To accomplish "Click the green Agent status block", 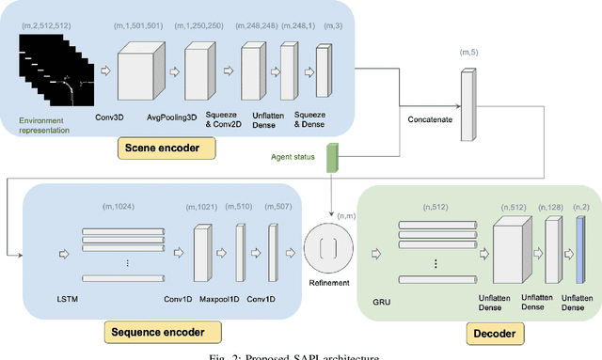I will coord(332,158).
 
